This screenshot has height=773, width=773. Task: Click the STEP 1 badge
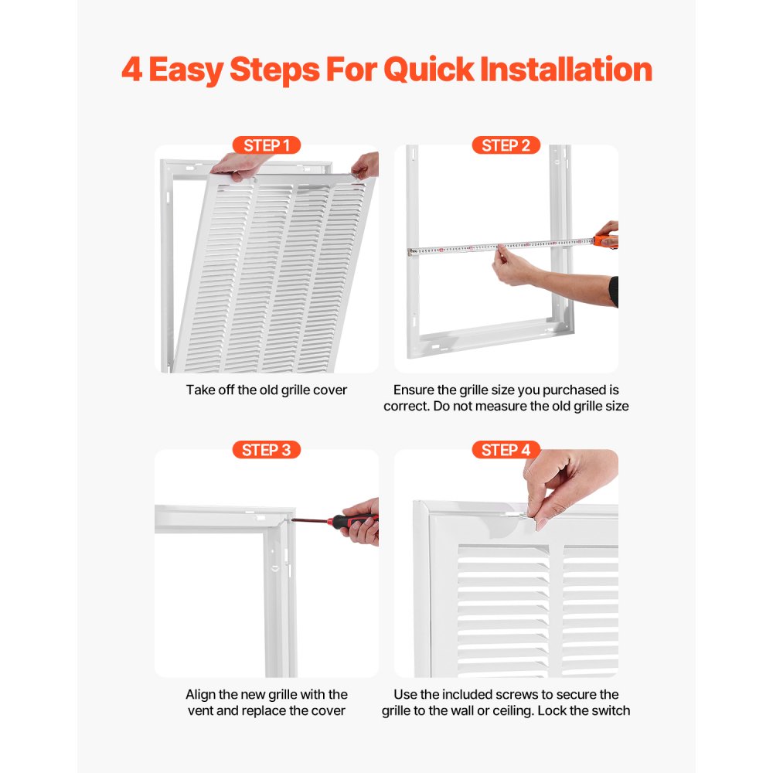[266, 145]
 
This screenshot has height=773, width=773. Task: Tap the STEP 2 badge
[506, 145]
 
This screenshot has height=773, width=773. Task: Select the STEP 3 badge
[266, 450]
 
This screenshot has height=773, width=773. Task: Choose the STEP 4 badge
[506, 450]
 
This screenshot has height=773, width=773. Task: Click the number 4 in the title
[132, 70]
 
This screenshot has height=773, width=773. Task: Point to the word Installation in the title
[566, 70]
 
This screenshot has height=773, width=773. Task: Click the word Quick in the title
[427, 70]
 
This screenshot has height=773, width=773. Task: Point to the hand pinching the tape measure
[514, 265]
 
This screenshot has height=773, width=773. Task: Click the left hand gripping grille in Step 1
[240, 165]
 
